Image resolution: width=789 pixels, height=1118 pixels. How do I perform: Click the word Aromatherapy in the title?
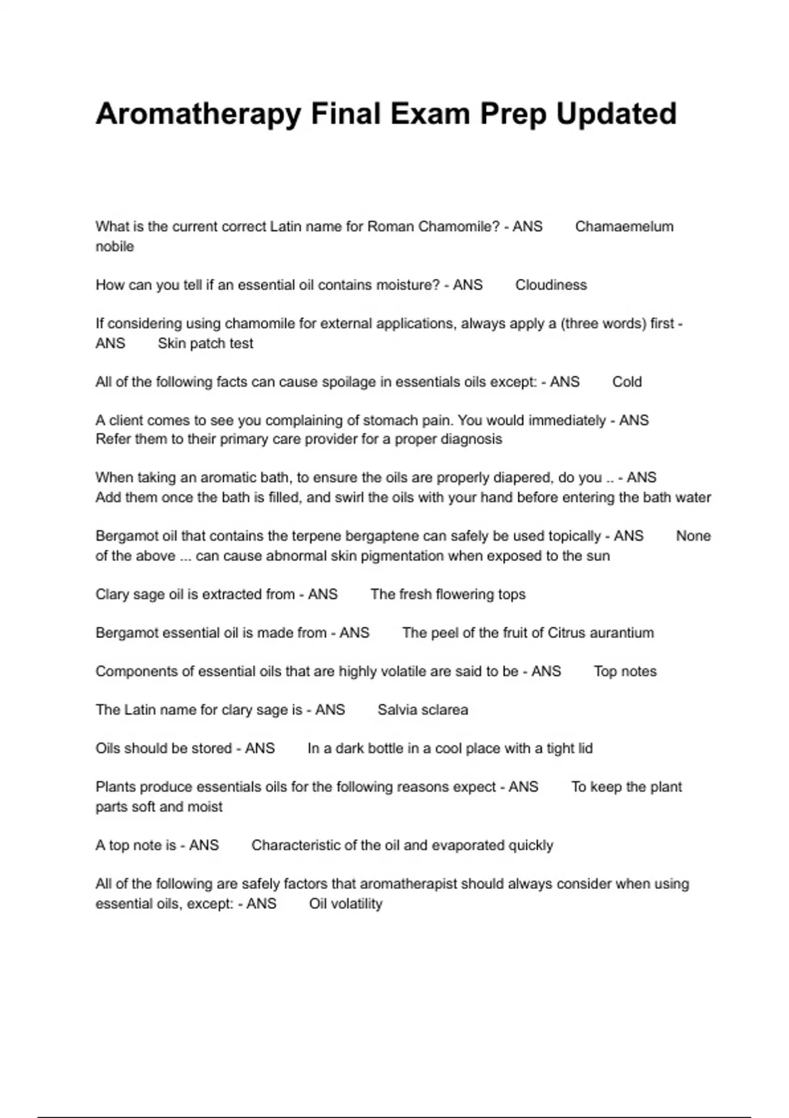(x=199, y=114)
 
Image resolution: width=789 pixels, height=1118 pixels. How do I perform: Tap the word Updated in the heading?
(x=616, y=114)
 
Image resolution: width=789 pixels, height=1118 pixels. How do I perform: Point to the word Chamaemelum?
(x=624, y=227)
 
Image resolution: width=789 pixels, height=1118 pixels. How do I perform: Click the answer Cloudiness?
(x=551, y=285)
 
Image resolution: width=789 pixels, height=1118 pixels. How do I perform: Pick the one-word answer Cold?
(x=627, y=382)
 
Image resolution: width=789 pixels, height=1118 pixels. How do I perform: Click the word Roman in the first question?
(x=390, y=227)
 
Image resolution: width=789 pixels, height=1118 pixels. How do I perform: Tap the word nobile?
(x=114, y=247)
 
